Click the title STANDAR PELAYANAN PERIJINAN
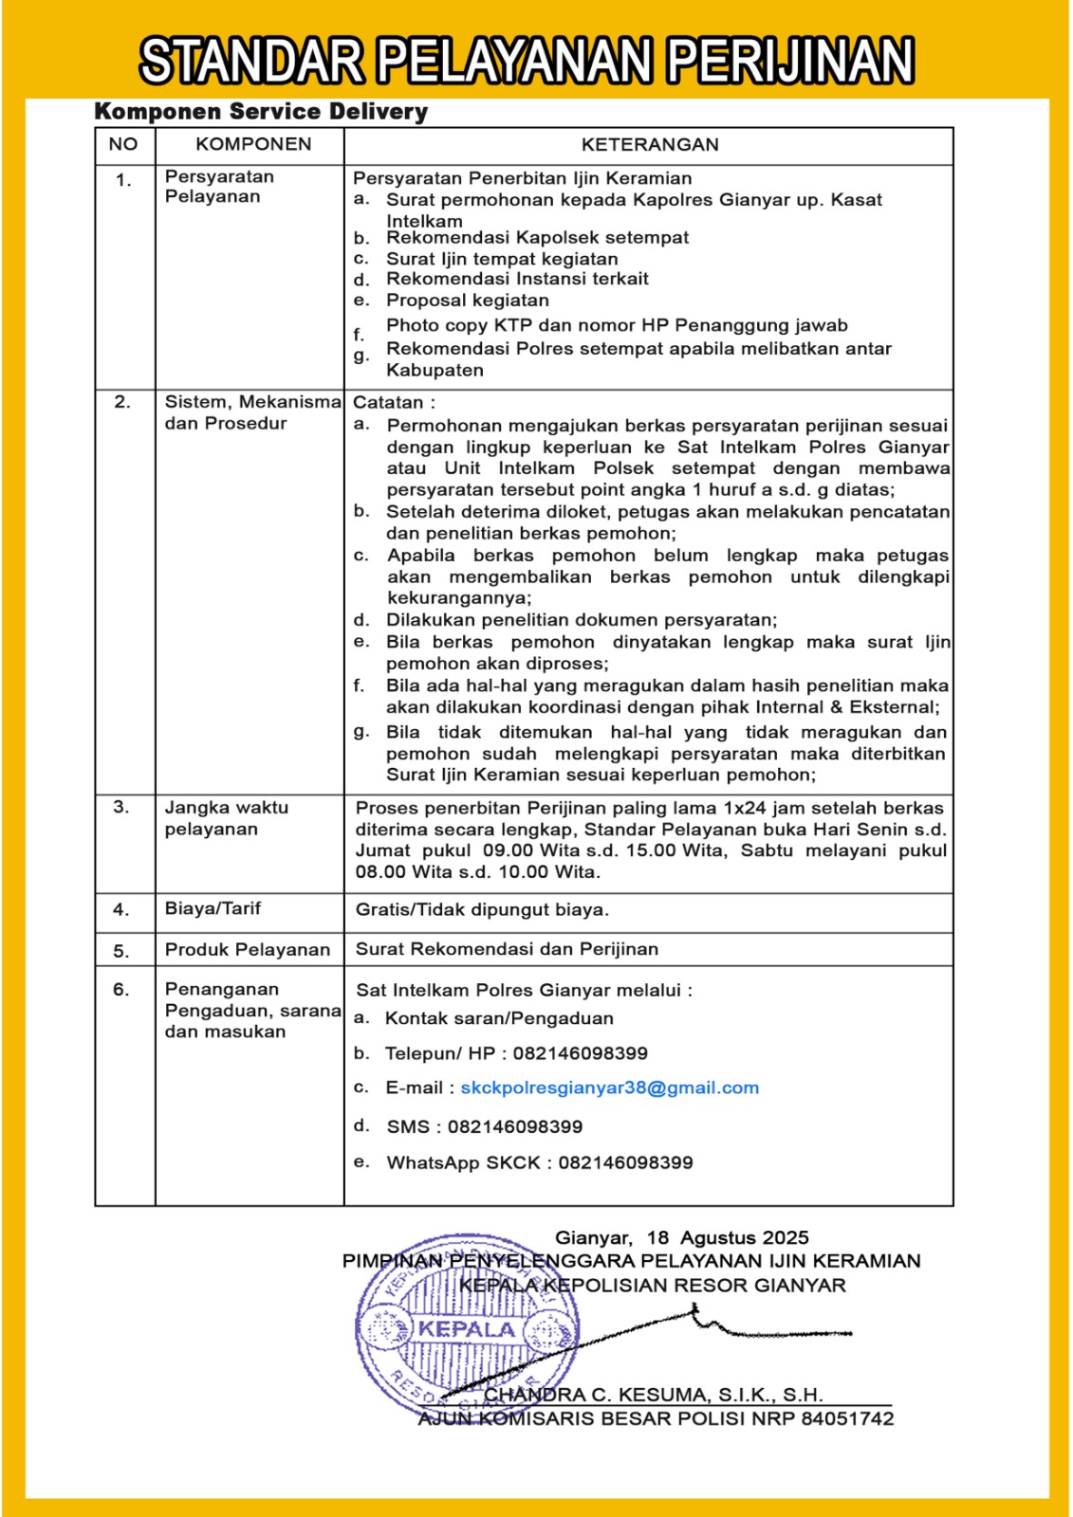click(x=527, y=61)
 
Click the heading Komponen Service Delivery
click(x=261, y=112)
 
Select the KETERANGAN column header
click(x=650, y=145)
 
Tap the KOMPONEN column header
click(x=253, y=144)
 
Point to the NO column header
click(x=123, y=144)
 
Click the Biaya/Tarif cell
click(x=213, y=908)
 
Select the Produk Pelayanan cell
click(x=248, y=950)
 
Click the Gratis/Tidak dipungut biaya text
click(x=482, y=910)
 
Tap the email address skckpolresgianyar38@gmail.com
click(x=610, y=1088)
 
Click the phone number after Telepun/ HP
click(x=581, y=1053)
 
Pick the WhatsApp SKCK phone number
click(x=625, y=1163)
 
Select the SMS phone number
click(x=515, y=1127)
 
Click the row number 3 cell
click(x=121, y=808)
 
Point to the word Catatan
click(x=389, y=403)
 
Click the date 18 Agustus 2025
click(x=728, y=1238)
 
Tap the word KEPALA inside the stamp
click(x=467, y=1329)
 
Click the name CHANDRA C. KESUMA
click(x=595, y=1395)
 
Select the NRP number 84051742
click(x=847, y=1419)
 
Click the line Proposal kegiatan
click(x=468, y=301)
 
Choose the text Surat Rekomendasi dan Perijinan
click(x=507, y=949)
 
